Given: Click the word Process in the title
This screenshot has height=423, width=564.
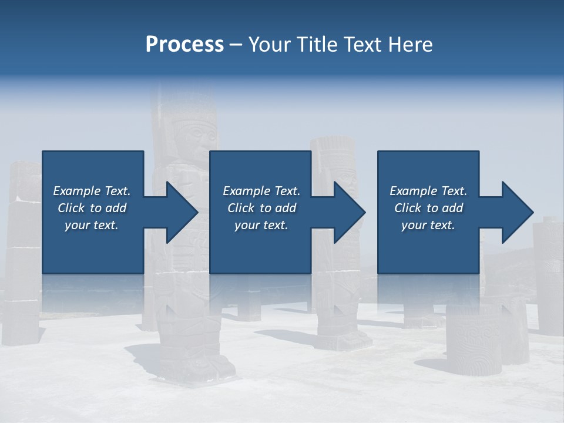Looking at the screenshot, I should click(x=184, y=45).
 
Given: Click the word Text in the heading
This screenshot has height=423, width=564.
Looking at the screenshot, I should click(x=362, y=45).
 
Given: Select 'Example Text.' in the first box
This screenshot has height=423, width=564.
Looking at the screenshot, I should click(x=92, y=191).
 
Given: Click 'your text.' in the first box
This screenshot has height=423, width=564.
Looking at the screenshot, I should click(x=92, y=225).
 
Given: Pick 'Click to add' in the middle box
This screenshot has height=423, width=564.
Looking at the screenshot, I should click(x=261, y=208).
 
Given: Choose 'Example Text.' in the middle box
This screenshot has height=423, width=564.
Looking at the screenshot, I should click(x=261, y=191).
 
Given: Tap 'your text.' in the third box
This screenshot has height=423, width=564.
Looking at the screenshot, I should click(x=428, y=225).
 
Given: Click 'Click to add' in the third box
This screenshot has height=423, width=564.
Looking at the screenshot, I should click(x=428, y=208).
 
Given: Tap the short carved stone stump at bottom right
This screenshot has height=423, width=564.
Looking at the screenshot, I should click(x=474, y=341).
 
